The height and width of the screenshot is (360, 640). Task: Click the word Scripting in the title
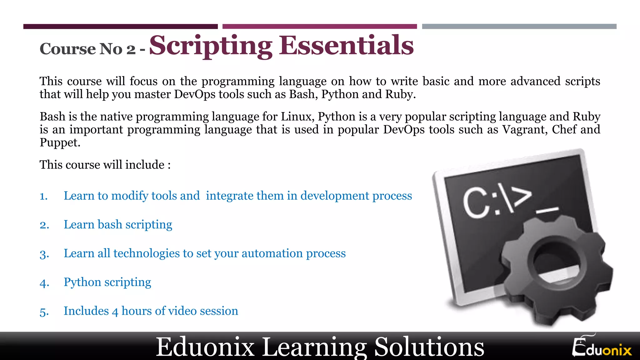(x=211, y=46)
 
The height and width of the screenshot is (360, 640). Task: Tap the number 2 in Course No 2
(x=131, y=49)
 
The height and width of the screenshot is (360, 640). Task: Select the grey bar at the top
(x=519, y=27)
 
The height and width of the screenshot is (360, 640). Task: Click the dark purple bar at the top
(x=120, y=27)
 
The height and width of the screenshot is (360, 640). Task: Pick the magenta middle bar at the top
(x=319, y=27)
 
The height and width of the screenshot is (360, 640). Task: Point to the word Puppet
(x=60, y=142)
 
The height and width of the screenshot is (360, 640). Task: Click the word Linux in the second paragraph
(x=297, y=117)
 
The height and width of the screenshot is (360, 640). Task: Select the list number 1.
(x=43, y=196)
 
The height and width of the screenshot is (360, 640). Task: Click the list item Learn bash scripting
(x=118, y=224)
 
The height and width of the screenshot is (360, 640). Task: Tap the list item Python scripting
(x=107, y=282)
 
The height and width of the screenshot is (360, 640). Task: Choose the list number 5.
(x=44, y=312)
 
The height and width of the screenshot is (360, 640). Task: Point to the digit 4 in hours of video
(x=115, y=312)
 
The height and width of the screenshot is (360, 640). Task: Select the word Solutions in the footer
(x=429, y=347)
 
